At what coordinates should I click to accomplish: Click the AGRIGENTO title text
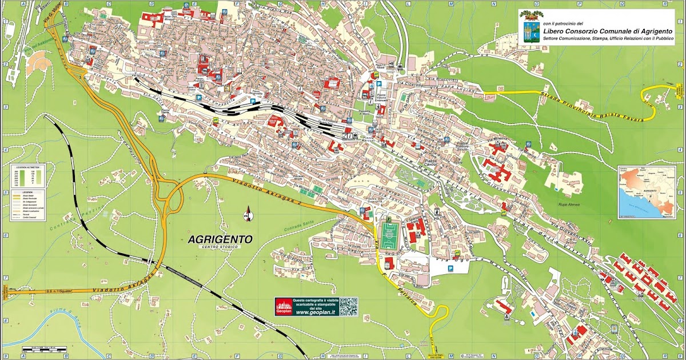(220, 239)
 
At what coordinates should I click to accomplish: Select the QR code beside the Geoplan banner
(348, 307)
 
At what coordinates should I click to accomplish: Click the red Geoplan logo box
(284, 307)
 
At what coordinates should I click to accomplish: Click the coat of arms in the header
(529, 29)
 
